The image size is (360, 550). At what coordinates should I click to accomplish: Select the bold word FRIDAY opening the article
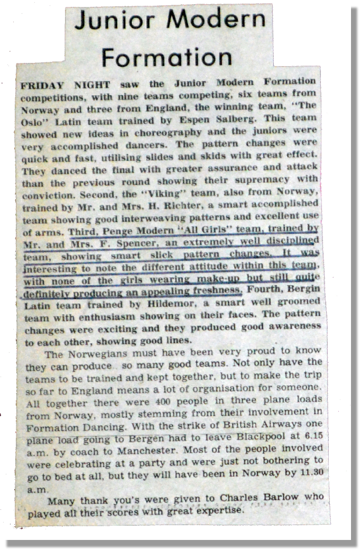(x=42, y=85)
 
